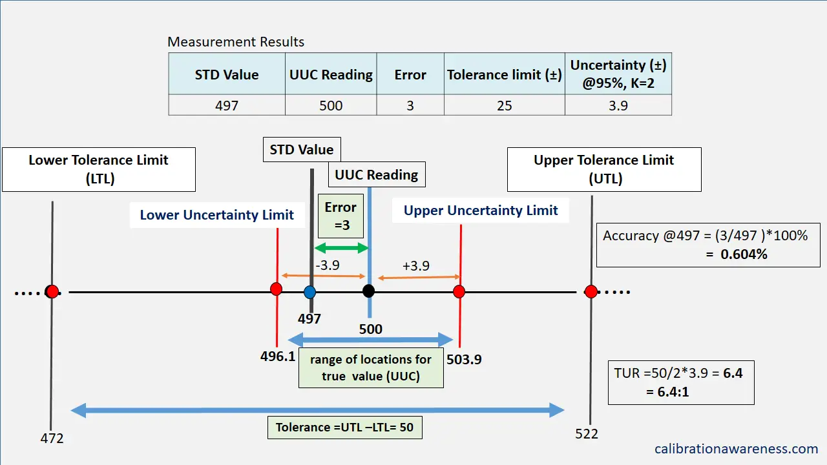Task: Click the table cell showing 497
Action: click(226, 105)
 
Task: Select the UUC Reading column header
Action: click(331, 74)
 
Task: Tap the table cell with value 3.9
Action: click(618, 105)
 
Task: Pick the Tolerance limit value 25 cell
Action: click(504, 105)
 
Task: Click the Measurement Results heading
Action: click(236, 42)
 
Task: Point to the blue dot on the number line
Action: click(310, 291)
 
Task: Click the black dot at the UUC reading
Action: click(368, 291)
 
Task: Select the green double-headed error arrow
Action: click(340, 248)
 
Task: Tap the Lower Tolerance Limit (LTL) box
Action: click(98, 169)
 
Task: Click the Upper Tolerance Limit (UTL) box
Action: click(604, 169)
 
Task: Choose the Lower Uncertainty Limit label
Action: click(216, 215)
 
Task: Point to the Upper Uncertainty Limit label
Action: click(481, 211)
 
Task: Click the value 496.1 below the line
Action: click(278, 357)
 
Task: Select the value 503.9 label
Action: click(464, 360)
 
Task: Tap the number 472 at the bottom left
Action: click(52, 438)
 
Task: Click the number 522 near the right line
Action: click(587, 433)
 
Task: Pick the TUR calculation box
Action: click(681, 382)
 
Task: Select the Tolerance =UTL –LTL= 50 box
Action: click(344, 428)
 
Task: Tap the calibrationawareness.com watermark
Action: click(736, 448)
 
